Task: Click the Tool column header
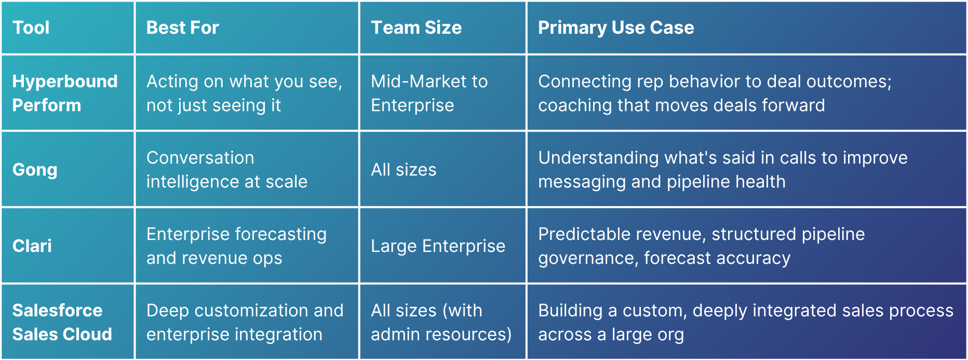(x=31, y=28)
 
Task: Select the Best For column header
(x=183, y=28)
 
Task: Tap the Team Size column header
(x=416, y=28)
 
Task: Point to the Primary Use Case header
(x=616, y=28)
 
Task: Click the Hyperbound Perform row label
(x=65, y=93)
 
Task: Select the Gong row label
(x=35, y=170)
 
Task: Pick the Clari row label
(x=32, y=246)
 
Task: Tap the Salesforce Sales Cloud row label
(x=62, y=322)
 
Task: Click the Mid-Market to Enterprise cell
(x=429, y=93)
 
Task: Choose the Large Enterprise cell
(x=438, y=246)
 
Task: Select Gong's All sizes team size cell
(x=404, y=170)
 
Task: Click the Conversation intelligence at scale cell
(x=227, y=169)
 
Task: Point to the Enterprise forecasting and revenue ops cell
(x=237, y=246)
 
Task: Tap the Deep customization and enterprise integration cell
(x=245, y=322)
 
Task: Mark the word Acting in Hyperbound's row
(x=172, y=82)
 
